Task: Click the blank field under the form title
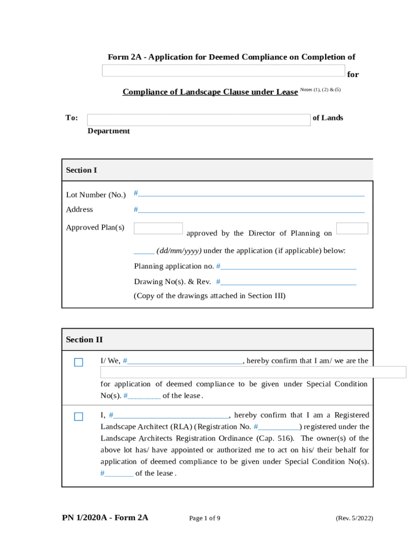(x=223, y=71)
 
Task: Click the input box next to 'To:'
(x=198, y=120)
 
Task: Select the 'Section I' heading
(x=81, y=170)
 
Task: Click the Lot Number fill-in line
(x=251, y=194)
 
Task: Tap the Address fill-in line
(x=251, y=210)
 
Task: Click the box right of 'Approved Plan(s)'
(x=158, y=228)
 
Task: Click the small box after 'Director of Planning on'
(x=352, y=228)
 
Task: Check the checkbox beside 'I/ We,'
(x=79, y=362)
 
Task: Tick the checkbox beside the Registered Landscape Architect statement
(x=79, y=416)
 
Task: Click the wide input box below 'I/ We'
(x=253, y=372)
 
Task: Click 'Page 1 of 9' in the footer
(x=204, y=518)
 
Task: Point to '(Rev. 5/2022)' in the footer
(x=354, y=518)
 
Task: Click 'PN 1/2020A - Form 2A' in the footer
(x=105, y=518)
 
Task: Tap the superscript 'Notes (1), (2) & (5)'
(x=320, y=90)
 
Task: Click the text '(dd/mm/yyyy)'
(x=179, y=251)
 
